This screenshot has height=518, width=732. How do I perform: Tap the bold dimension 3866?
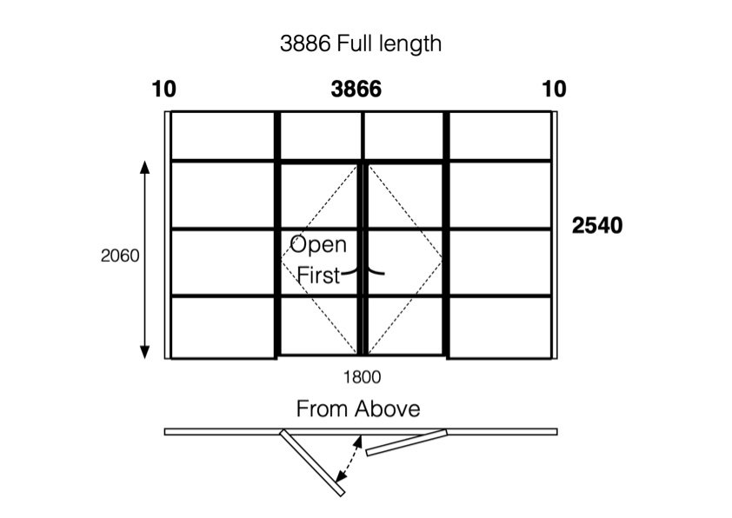coord(356,90)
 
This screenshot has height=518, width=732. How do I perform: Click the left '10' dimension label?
coord(163,90)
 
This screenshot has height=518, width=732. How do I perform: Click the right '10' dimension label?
coord(553,90)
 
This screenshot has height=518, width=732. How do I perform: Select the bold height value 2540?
coord(597,225)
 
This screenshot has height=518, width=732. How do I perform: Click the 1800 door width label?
coord(363,377)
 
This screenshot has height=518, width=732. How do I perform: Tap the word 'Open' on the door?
coord(317,244)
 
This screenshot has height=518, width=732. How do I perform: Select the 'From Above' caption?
coord(358,408)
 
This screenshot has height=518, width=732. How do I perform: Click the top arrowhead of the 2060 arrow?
coord(145,167)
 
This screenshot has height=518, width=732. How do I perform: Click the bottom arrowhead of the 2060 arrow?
coord(145,351)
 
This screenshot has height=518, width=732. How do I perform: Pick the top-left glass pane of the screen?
coord(223,136)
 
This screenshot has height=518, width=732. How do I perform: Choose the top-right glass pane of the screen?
coord(500,136)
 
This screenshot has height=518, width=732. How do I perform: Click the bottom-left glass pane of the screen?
coord(223,327)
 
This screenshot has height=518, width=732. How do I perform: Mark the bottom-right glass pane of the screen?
coord(500,327)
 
